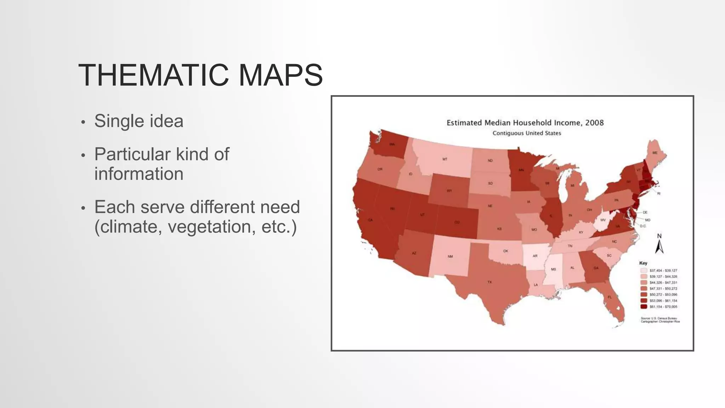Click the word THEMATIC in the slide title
[x=153, y=75]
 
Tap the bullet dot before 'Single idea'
[x=83, y=123]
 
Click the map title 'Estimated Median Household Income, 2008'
[x=525, y=123]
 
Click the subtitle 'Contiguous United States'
[x=527, y=133]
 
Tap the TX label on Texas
[x=490, y=282]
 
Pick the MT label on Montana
[x=445, y=159]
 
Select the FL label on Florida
[x=610, y=297]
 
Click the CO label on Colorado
[x=457, y=222]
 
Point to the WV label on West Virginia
[x=603, y=220]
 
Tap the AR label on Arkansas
[x=535, y=256]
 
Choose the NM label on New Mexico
[x=450, y=256]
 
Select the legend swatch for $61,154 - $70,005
[x=644, y=307]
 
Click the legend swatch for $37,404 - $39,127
[x=644, y=271]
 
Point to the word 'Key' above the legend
[x=643, y=263]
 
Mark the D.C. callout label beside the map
[x=643, y=226]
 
